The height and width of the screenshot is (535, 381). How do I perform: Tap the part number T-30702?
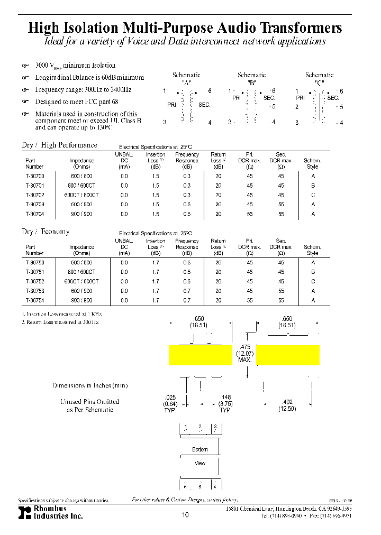35,195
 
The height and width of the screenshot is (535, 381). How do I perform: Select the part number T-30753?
35,291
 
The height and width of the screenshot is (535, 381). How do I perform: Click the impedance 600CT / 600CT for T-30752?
81,281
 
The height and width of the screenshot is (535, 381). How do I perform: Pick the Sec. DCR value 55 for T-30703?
281,205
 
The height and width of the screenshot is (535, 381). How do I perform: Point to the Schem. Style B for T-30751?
313,272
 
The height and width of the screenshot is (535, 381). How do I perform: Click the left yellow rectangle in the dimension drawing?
201,355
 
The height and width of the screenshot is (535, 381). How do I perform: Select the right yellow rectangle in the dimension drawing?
288,355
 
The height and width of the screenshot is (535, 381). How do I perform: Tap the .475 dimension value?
244,346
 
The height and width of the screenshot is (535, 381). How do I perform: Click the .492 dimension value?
287,402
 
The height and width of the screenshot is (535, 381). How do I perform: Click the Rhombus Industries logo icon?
25,512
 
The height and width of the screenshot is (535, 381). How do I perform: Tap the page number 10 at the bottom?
185,515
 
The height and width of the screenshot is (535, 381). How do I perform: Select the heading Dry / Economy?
46,232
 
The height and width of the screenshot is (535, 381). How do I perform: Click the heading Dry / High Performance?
59,145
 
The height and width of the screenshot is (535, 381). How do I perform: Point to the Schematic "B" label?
251,79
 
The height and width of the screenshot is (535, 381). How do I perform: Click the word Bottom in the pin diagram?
200,449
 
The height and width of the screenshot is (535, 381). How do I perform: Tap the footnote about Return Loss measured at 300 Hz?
60,321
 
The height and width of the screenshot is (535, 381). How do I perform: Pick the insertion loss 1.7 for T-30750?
156,262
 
